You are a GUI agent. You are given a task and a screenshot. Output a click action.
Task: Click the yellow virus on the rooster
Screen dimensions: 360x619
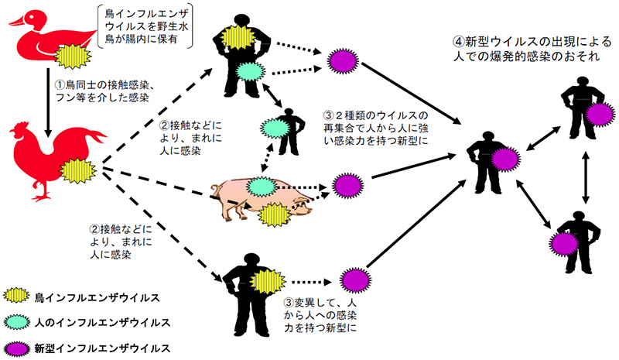[x=77, y=169]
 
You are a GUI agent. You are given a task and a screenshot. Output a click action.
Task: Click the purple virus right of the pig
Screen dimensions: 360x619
[x=344, y=186]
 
